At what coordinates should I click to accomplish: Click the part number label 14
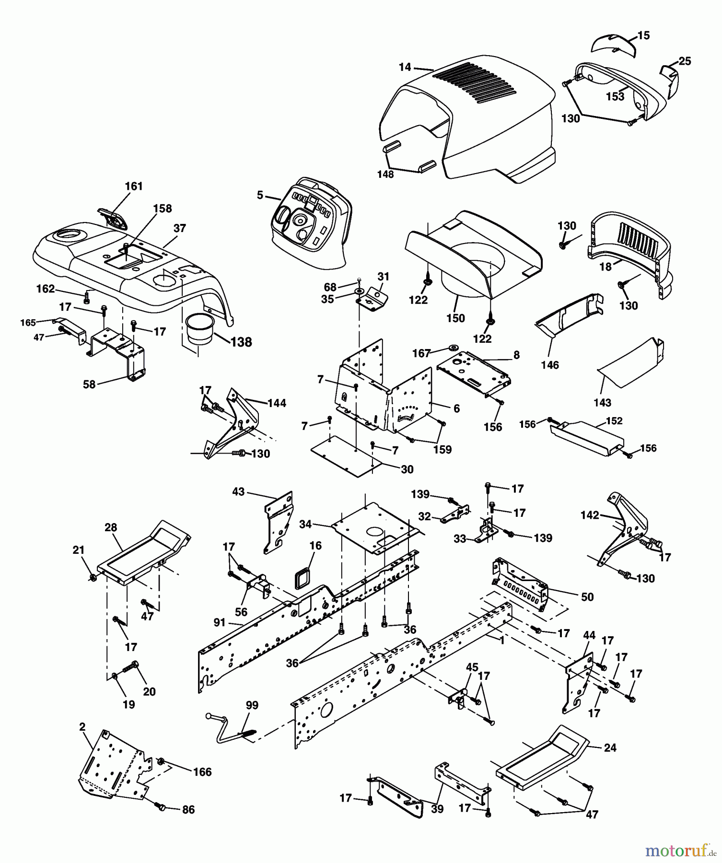(x=405, y=67)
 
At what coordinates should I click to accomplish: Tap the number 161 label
(x=134, y=186)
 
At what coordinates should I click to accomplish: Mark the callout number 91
(x=220, y=622)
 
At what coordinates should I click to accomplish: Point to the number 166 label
(x=202, y=771)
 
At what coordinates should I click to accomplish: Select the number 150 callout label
(x=455, y=318)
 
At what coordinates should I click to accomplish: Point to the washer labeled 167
(x=452, y=347)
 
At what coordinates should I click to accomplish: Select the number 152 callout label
(x=614, y=420)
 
